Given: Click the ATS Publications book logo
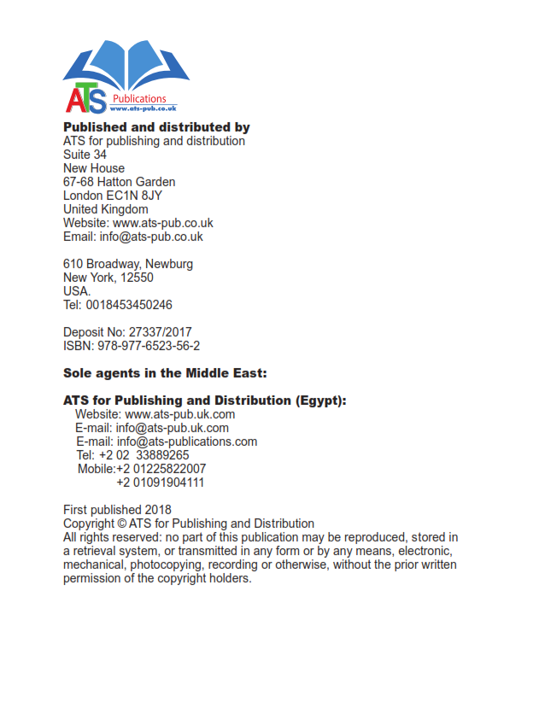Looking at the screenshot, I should pos(125,77).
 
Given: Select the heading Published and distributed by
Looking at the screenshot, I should pos(156,127).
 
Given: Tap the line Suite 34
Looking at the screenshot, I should pos(85,155).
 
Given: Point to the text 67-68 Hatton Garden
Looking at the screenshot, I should pos(119,182).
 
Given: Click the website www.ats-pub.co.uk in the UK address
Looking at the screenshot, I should pos(163,223).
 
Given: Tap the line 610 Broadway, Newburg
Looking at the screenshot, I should pos(128,264).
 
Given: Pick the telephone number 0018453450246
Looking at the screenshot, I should pos(129,305).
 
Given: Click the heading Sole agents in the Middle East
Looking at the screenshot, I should pos(166,373).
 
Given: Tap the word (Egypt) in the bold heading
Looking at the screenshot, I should pos(317,401).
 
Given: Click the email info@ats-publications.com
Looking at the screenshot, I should pos(187,442).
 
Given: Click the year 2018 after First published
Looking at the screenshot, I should pos(158,510).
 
